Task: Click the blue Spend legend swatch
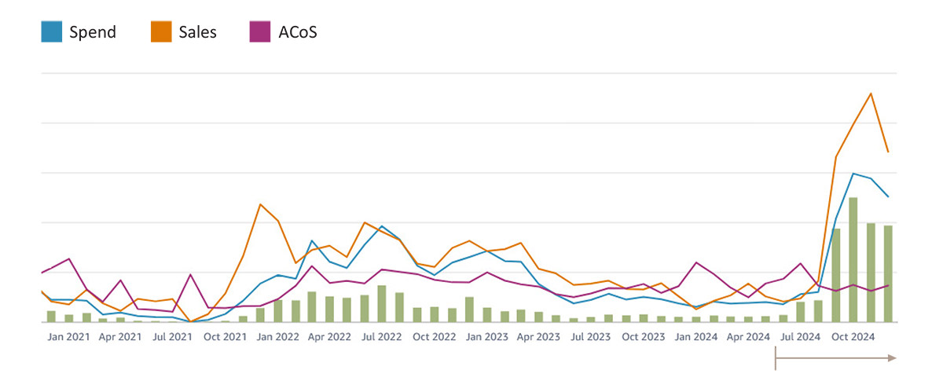coord(51,31)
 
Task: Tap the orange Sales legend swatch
coord(160,31)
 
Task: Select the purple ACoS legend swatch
coord(259,31)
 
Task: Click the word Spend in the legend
coord(92,32)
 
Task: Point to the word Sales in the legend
coord(197,32)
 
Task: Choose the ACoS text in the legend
coord(297,32)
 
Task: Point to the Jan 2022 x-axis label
coord(277,337)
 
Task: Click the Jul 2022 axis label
coord(383,337)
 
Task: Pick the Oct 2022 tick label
coord(435,337)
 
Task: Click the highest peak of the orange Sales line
coord(871,93)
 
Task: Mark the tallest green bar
coord(853,259)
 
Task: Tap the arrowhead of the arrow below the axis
coord(891,358)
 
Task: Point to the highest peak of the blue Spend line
coord(853,173)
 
